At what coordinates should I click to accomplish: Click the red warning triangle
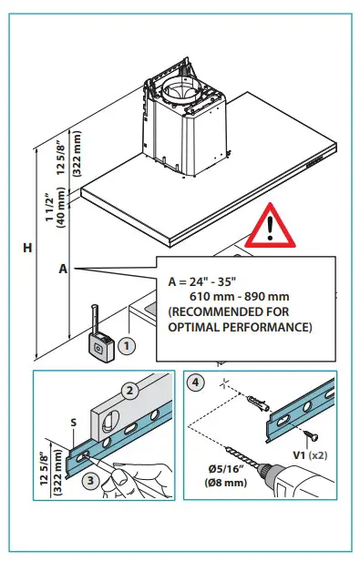270,228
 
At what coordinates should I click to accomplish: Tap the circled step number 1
126,346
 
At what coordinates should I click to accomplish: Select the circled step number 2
130,391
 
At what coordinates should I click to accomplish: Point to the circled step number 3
90,480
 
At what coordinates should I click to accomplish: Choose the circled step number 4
195,382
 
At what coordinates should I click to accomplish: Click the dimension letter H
27,248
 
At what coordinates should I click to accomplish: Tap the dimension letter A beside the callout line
63,269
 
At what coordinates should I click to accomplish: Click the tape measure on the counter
100,340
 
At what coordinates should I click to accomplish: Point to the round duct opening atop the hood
179,90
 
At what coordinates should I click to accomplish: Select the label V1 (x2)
310,455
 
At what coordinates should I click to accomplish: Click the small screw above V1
311,435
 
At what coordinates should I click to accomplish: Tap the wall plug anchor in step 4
258,403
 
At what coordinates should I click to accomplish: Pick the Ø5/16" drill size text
226,469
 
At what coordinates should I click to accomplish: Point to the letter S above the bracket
74,423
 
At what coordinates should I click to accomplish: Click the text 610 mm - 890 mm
240,297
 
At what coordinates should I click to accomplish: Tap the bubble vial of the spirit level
110,421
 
